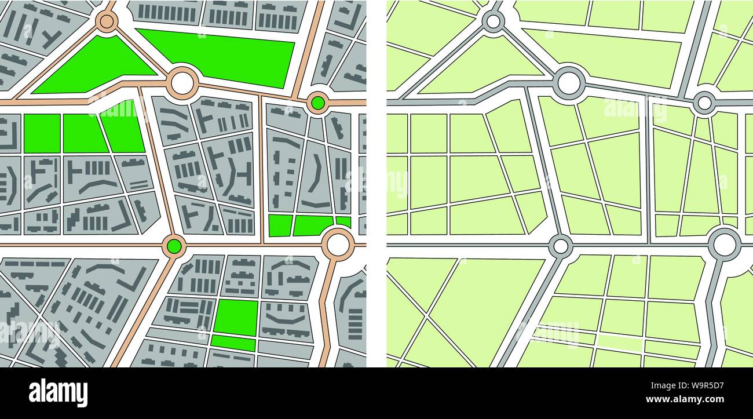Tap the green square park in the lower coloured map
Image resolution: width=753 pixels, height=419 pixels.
[236, 316]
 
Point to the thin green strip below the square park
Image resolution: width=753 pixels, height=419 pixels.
[233, 343]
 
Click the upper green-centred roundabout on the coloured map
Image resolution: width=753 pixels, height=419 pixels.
[317, 103]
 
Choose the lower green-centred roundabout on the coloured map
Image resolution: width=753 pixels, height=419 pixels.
[173, 246]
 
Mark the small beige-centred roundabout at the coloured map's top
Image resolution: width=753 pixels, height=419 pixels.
[106, 21]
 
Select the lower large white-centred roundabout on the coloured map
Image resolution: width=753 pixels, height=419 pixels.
[338, 244]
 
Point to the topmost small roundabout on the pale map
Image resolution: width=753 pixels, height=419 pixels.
[493, 21]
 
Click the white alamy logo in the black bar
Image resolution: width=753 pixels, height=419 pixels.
[59, 392]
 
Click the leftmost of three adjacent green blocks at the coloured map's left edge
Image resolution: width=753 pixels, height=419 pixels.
[42, 133]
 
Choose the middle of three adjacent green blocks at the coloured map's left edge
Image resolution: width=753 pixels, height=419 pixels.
[84, 133]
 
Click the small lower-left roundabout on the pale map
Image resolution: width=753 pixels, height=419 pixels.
[560, 246]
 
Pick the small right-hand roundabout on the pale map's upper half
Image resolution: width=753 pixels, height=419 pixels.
[704, 103]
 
